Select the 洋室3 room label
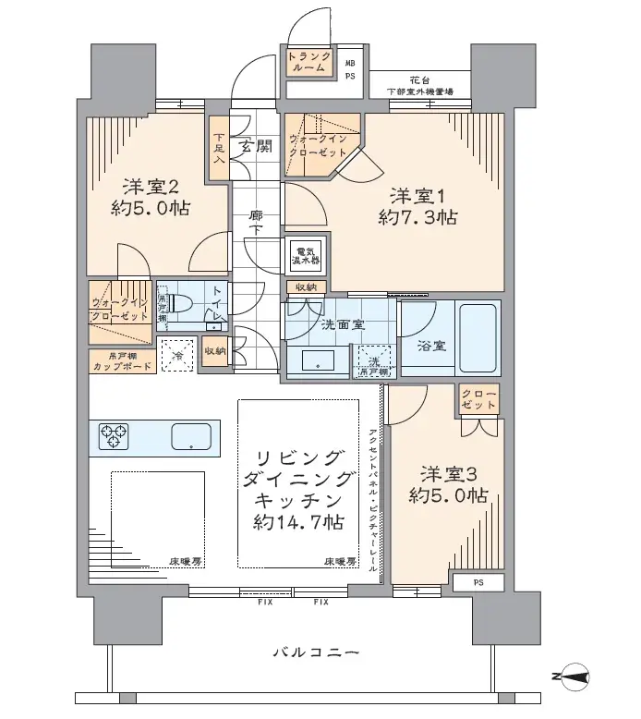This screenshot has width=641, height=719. (x=448, y=474)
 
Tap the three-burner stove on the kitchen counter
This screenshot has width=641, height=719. (x=114, y=434)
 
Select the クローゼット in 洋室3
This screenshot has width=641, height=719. (x=478, y=400)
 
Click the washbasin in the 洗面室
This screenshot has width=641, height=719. (x=317, y=360)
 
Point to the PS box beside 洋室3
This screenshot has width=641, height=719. (x=477, y=583)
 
